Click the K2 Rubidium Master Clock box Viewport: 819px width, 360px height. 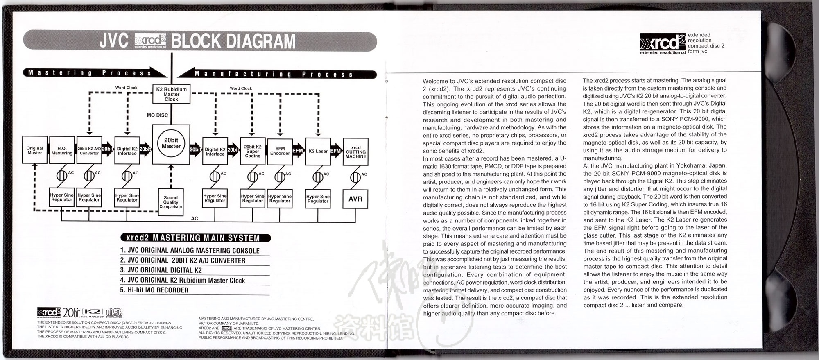tap(172, 94)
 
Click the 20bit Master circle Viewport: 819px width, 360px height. tap(171, 143)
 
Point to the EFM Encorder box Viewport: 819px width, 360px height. tap(280, 151)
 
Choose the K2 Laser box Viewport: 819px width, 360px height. tap(318, 151)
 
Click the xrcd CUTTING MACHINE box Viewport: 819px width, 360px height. tap(355, 152)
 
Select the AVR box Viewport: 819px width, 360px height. tap(355, 199)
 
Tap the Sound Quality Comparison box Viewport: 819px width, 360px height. tap(171, 202)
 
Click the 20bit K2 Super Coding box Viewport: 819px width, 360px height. tap(253, 151)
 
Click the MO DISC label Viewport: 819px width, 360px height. tap(157, 115)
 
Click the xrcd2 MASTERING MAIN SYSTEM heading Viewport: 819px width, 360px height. tap(195, 238)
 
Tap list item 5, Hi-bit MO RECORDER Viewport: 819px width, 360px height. tap(154, 290)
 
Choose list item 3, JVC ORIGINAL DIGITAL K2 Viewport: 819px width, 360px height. tap(161, 270)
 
